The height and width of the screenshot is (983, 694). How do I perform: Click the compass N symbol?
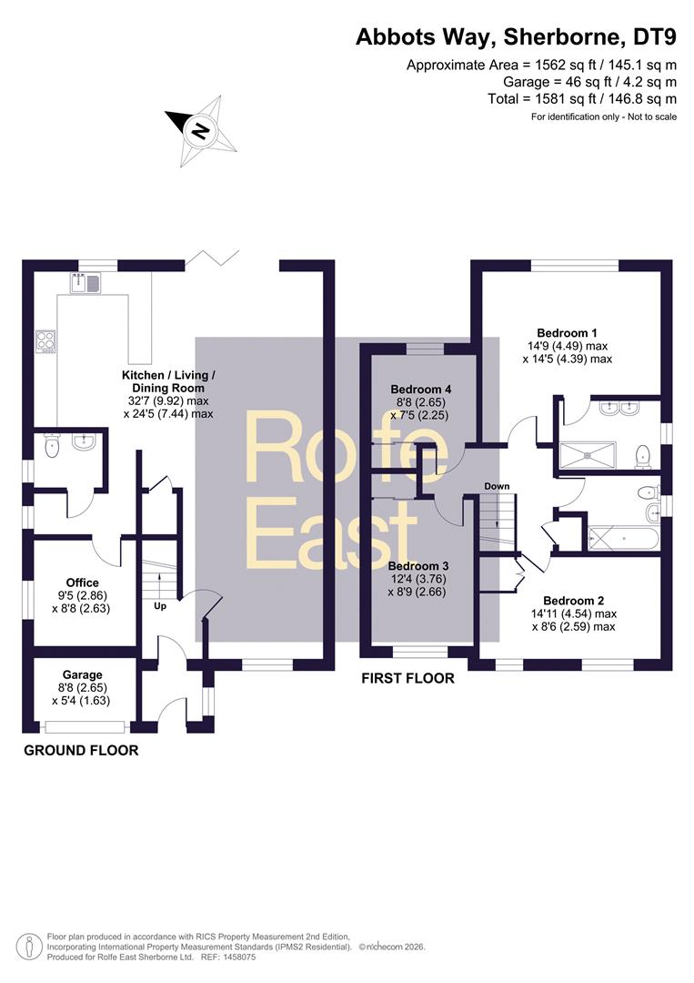[x=200, y=131]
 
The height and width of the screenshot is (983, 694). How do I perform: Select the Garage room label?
[x=82, y=674]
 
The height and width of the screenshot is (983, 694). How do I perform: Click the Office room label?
[x=82, y=583]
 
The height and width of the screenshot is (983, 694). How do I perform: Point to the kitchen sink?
[x=86, y=283]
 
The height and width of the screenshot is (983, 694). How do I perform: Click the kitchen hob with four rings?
[x=45, y=341]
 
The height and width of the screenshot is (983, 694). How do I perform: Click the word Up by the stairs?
[x=160, y=606]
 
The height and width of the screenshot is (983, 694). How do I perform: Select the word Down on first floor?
[x=497, y=486]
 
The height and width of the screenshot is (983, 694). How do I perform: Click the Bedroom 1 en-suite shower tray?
[x=588, y=456]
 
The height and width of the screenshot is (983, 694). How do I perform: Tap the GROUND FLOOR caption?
[x=81, y=750]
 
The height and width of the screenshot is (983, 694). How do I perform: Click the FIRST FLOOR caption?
[x=407, y=678]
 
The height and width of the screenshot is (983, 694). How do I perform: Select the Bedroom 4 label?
[x=420, y=390]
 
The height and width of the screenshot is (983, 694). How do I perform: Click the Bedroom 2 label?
[x=574, y=601]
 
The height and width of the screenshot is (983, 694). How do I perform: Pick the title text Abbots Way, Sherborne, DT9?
[x=516, y=37]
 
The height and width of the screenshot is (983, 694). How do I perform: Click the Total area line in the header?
[x=582, y=98]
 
